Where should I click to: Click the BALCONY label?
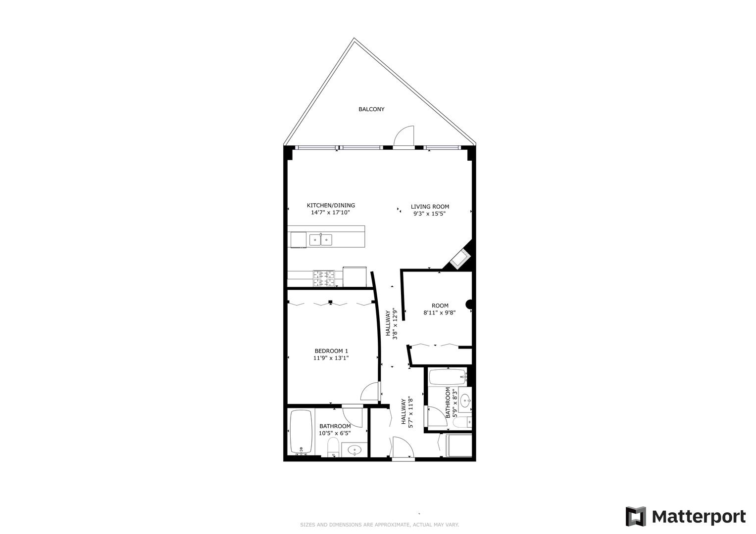[371, 109]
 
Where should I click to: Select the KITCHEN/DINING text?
[331, 206]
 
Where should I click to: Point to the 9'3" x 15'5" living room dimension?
[430, 214]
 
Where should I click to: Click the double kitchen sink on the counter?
[320, 240]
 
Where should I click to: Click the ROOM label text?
[440, 306]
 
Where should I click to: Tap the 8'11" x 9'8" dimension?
[439, 312]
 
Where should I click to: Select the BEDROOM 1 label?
[331, 351]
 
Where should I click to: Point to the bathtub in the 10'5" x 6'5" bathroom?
[300, 432]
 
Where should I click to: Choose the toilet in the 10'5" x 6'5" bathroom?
[333, 447]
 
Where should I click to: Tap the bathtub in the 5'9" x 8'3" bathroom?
[448, 377]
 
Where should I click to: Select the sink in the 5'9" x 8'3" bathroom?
[465, 400]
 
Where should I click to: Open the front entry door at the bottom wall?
[403, 448]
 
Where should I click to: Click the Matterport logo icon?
[636, 517]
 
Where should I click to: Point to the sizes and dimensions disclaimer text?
[379, 525]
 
